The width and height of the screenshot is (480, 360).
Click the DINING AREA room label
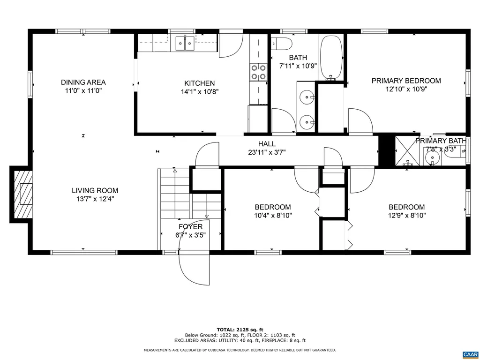[x=83, y=82]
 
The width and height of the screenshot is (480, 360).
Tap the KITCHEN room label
[x=199, y=83]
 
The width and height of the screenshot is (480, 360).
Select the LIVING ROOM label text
[x=95, y=191]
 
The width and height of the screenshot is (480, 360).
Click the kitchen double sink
[x=185, y=44]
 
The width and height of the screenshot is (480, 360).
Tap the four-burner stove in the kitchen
[x=258, y=71]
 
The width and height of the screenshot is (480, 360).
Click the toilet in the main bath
[x=282, y=44]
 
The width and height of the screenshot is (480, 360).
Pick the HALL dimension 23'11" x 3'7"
[x=267, y=152]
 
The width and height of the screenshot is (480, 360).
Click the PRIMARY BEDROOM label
[x=406, y=81]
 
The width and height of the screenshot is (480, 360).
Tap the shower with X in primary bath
[x=407, y=151]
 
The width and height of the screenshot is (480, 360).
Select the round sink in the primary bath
[x=431, y=157]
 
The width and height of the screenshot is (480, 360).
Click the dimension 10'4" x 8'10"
[x=272, y=216]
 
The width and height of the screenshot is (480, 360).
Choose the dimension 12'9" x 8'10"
[x=406, y=216]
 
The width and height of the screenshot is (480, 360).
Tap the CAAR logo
[x=469, y=354]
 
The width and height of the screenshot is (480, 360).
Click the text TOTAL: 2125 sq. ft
[x=240, y=330]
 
